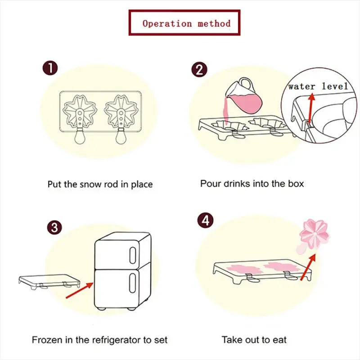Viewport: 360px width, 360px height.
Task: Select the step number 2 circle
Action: click(x=199, y=70)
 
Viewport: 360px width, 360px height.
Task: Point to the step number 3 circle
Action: click(x=54, y=227)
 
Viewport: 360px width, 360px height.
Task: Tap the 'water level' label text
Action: click(x=318, y=86)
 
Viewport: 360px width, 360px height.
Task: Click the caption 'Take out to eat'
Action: click(x=254, y=340)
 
